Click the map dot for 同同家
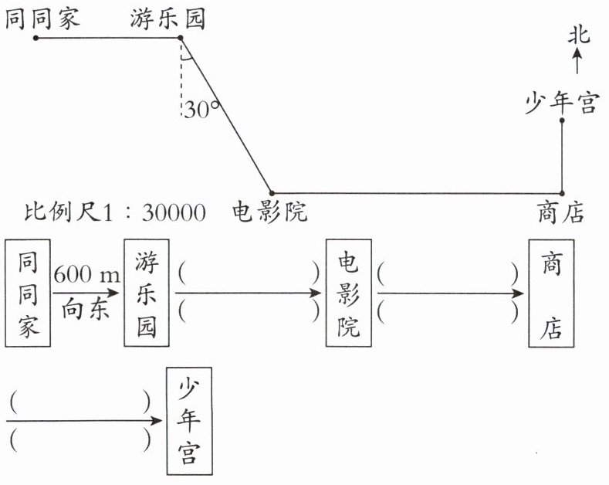(x=36, y=38)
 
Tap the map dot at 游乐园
(x=180, y=38)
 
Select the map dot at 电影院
(x=272, y=193)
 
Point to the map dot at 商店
(x=562, y=193)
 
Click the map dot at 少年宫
(x=562, y=120)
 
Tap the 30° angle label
(x=201, y=109)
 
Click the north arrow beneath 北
(x=577, y=60)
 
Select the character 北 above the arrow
(x=579, y=36)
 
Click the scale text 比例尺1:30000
(x=115, y=212)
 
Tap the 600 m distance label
(x=87, y=274)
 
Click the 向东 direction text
(x=85, y=310)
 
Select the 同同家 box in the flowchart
(x=28, y=293)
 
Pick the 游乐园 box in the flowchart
(x=147, y=293)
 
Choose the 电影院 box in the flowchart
(x=348, y=293)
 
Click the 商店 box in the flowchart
(x=551, y=293)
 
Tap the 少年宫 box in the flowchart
(x=189, y=421)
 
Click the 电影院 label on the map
(x=270, y=212)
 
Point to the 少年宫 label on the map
(x=562, y=103)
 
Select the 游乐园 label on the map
(x=167, y=19)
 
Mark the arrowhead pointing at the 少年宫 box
(x=156, y=420)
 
